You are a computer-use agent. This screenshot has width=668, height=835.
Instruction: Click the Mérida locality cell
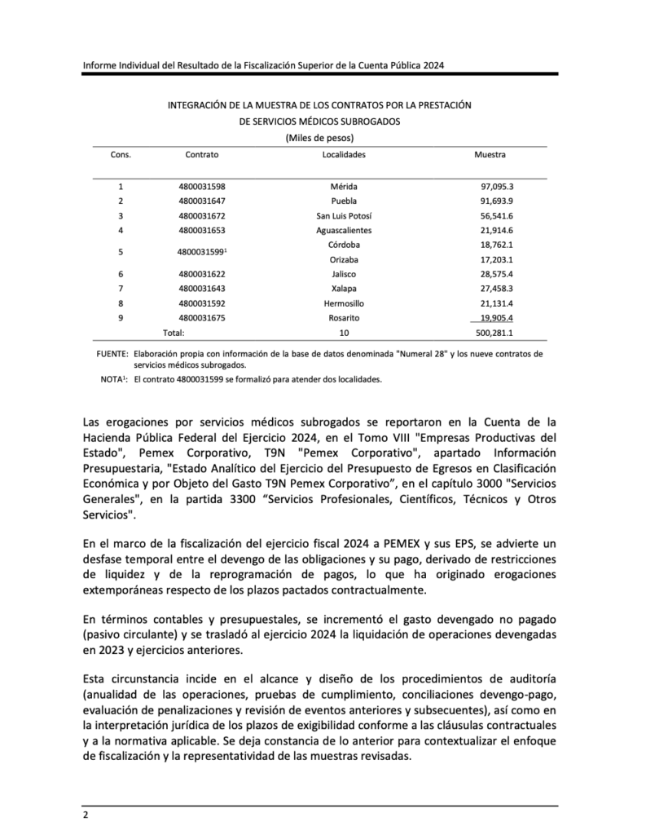click(x=343, y=187)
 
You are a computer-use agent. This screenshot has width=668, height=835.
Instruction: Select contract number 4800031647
click(x=201, y=201)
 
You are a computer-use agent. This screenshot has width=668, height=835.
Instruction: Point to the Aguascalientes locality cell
click(x=343, y=231)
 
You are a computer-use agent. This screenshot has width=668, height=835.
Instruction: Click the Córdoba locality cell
click(x=343, y=245)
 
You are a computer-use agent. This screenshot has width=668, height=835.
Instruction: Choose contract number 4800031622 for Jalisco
click(x=201, y=274)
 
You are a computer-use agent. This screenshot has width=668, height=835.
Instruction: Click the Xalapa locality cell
click(x=343, y=289)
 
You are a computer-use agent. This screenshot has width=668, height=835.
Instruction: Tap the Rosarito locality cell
click(x=343, y=318)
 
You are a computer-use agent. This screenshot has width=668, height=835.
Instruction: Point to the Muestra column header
click(x=490, y=154)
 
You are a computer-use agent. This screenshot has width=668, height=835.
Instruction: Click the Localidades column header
click(x=344, y=154)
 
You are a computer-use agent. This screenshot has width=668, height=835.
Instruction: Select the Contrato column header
click(x=201, y=154)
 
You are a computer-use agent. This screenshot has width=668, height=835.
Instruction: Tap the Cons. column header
click(x=121, y=154)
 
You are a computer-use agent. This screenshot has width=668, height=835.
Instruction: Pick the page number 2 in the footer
click(x=85, y=815)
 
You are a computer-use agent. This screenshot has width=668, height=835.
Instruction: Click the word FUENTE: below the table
click(x=112, y=354)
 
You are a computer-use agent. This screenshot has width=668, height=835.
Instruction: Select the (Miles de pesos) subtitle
click(x=319, y=137)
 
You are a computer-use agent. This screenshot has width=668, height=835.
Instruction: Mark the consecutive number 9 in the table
click(x=121, y=318)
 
